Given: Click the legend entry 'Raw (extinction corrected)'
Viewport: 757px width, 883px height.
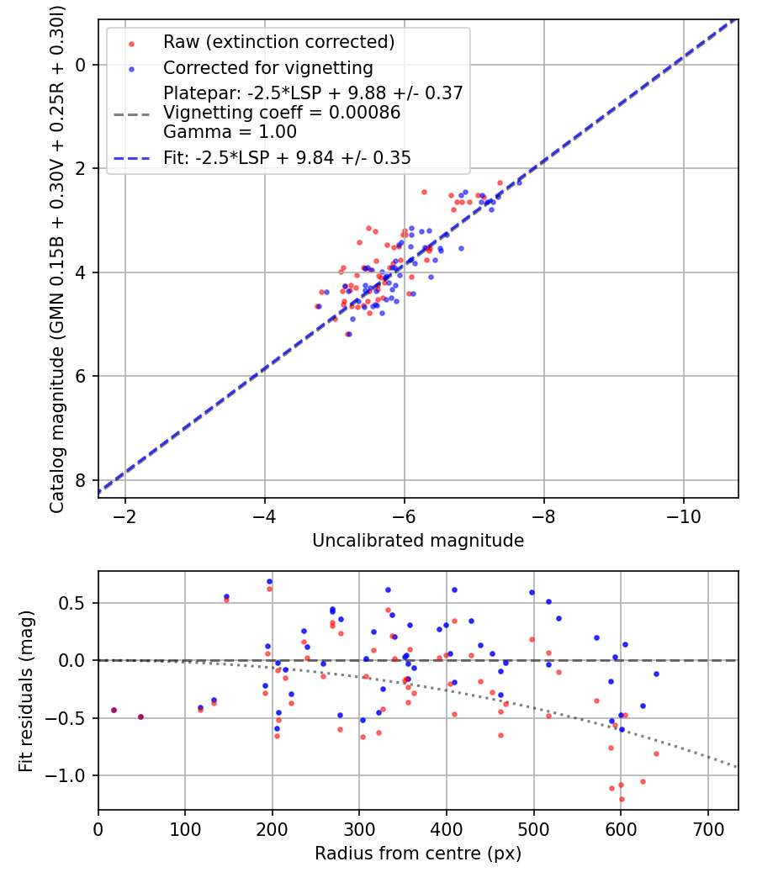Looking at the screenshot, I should point(278,42).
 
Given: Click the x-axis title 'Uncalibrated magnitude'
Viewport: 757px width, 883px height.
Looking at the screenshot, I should point(418,541).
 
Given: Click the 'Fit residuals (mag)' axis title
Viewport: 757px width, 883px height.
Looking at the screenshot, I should point(27,690).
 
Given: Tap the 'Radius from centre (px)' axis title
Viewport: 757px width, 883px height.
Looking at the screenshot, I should point(418,854).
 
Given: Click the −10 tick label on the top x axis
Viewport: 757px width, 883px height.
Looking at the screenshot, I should point(682,515).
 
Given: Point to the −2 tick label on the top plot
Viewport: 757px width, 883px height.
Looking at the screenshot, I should point(125,515).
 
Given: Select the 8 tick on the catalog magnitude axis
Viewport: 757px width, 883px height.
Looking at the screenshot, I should point(82,480).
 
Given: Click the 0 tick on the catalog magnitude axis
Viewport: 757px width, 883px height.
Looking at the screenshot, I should point(82,65).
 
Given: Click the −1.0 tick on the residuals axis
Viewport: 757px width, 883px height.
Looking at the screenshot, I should point(72,775).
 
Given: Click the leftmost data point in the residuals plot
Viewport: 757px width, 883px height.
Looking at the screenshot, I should point(114,710).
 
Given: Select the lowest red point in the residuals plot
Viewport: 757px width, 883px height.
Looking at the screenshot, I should point(622,799).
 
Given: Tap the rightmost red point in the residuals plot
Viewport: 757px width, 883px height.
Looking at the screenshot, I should point(656,753).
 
